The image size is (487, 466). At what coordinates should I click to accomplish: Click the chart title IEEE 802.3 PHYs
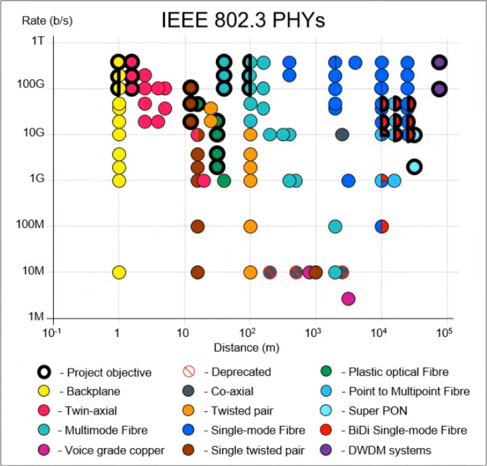243,21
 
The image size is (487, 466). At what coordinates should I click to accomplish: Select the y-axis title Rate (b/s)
47,20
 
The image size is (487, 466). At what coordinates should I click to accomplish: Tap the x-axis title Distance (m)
246,348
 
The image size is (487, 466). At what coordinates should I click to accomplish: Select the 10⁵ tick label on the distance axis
444,332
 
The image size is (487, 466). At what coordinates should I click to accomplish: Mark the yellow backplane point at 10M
119,272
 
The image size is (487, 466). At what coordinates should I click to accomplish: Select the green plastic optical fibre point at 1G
224,180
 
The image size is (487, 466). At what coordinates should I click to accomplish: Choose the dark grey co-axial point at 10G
342,134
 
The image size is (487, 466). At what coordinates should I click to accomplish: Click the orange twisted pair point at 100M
250,226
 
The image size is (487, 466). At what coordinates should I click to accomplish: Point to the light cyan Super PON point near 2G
414,166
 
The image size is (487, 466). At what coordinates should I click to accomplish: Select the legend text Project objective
109,373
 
